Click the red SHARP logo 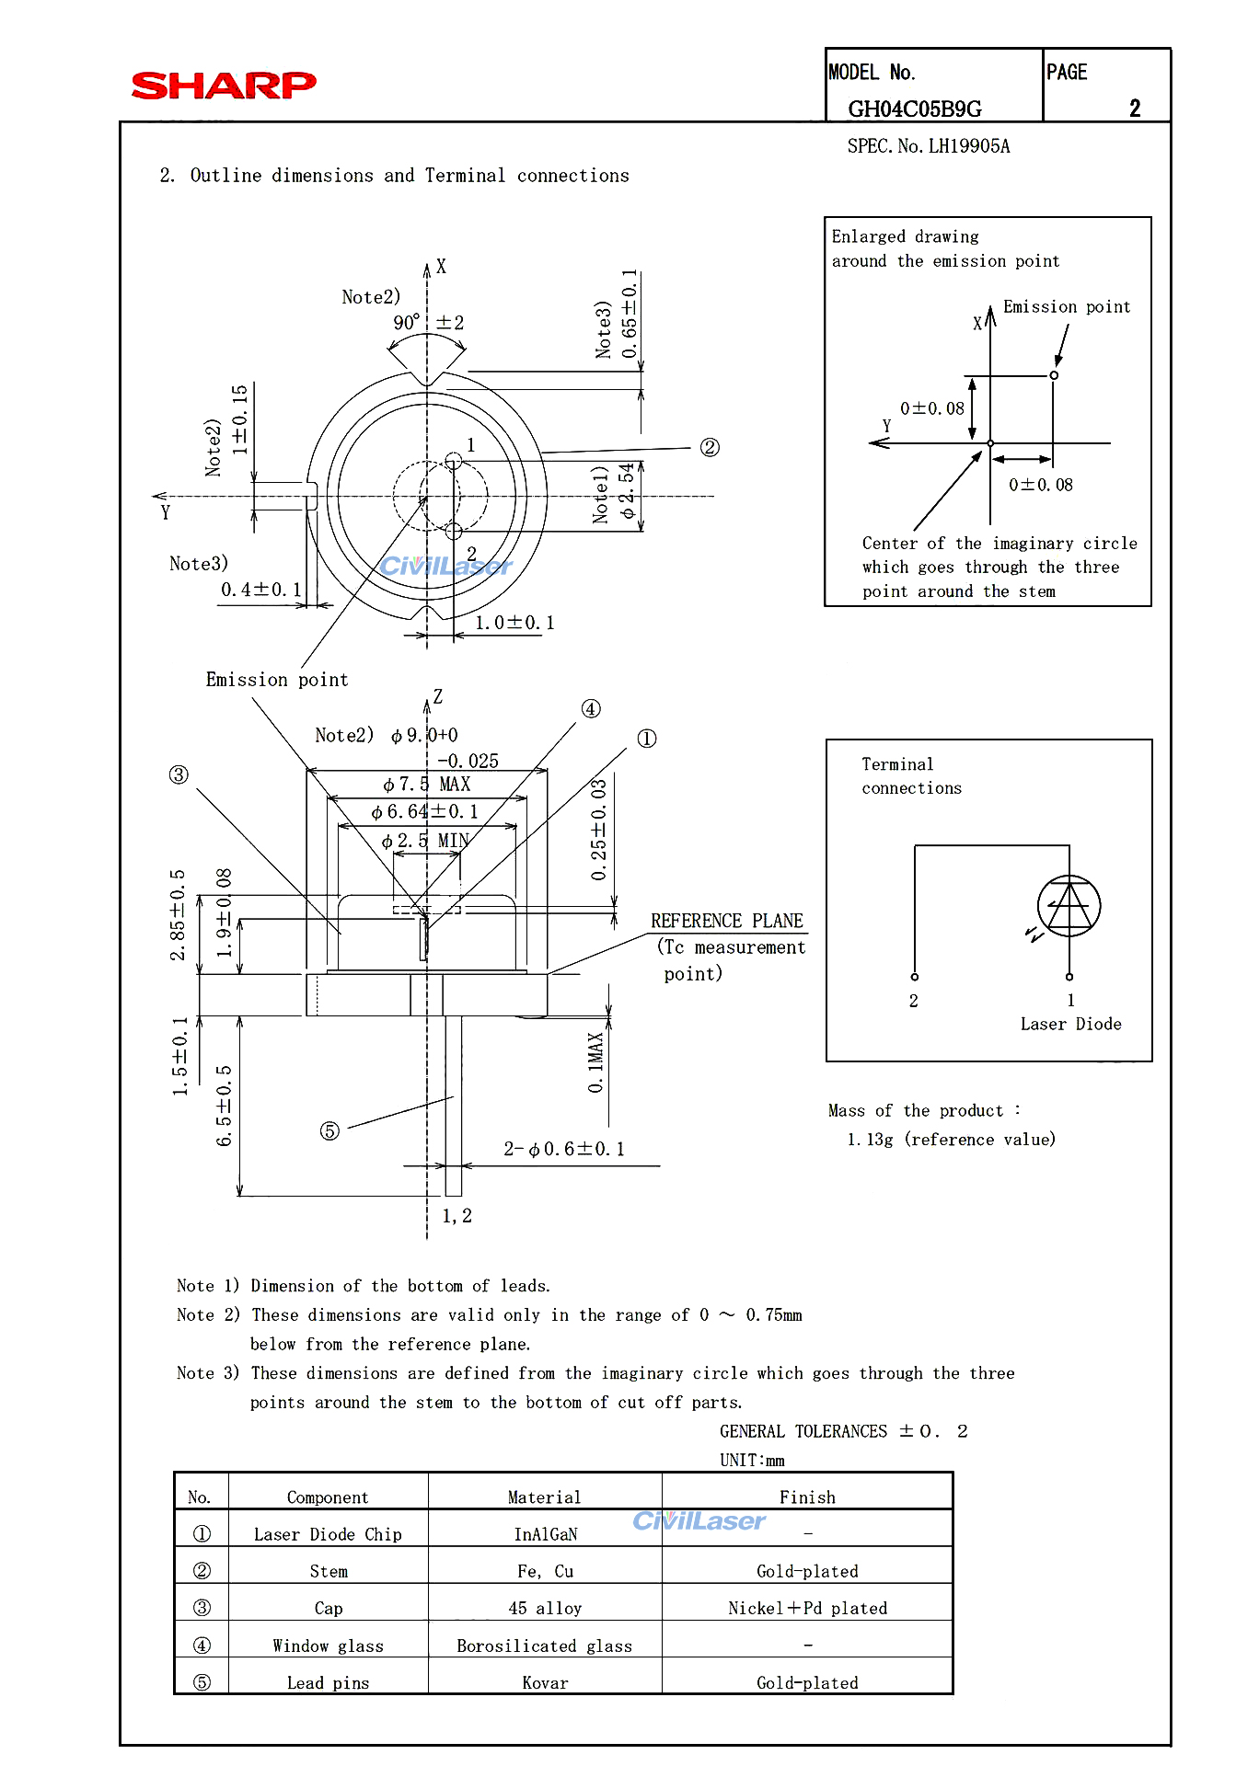pos(224,86)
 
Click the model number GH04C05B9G pos(914,109)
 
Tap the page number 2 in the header pos(1135,109)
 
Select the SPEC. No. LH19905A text pos(928,146)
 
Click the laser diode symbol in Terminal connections pos(1069,906)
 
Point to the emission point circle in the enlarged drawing pos(1054,375)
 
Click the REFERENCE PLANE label pos(726,921)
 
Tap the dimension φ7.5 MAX pos(427,785)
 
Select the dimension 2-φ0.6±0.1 pos(563,1149)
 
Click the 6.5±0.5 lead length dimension pos(225,1106)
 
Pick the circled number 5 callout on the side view pos(329,1130)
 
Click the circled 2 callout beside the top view pos(710,447)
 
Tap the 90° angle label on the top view pos(407,323)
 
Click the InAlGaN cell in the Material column pos(545,1534)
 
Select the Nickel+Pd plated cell pos(807,1608)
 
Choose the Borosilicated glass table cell pos(544,1646)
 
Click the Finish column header pos(807,1497)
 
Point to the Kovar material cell pos(545,1682)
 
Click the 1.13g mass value pos(870,1140)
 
